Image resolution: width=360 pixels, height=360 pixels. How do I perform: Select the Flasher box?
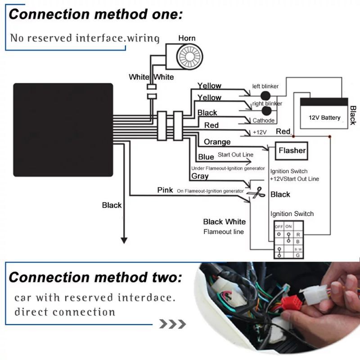[x=292, y=151]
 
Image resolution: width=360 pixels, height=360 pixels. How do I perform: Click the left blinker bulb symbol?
[x=266, y=95]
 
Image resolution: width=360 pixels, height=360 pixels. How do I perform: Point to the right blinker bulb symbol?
[x=267, y=111]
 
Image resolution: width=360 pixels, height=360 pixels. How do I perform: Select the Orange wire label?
[x=217, y=142]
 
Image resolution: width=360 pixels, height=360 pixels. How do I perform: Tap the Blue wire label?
[x=206, y=157]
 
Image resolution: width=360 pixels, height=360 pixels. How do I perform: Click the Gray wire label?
[x=200, y=176]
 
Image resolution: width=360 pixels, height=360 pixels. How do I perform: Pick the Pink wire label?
[x=165, y=190]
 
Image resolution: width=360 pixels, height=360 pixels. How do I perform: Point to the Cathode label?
[x=263, y=121]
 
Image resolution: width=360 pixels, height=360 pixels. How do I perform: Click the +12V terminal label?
[x=260, y=133]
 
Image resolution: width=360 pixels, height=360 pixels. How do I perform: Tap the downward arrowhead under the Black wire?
[x=121, y=239]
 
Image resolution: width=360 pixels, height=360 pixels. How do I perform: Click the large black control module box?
[x=63, y=130]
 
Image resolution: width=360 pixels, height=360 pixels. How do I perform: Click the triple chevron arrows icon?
[x=173, y=324]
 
